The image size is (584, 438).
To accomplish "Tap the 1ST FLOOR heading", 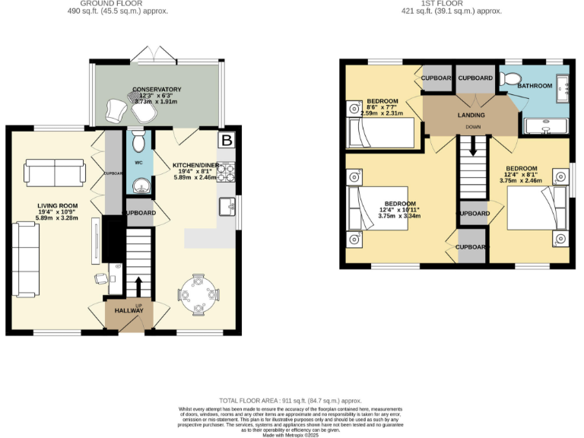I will tap(455, 3).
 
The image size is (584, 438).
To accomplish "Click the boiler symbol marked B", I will tap(227, 140).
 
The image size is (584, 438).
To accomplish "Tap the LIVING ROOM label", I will tap(59, 205).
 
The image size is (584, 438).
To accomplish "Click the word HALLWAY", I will tap(129, 311).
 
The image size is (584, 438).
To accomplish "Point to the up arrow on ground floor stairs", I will tap(138, 287).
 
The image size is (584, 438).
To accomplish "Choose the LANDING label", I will tap(471, 115).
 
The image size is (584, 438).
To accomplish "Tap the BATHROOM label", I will tap(535, 86).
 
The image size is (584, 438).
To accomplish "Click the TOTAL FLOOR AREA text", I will tap(290, 400).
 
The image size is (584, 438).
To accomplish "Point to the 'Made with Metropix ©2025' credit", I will tap(290, 434).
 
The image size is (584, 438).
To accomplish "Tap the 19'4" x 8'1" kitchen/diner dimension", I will tap(196, 171).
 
